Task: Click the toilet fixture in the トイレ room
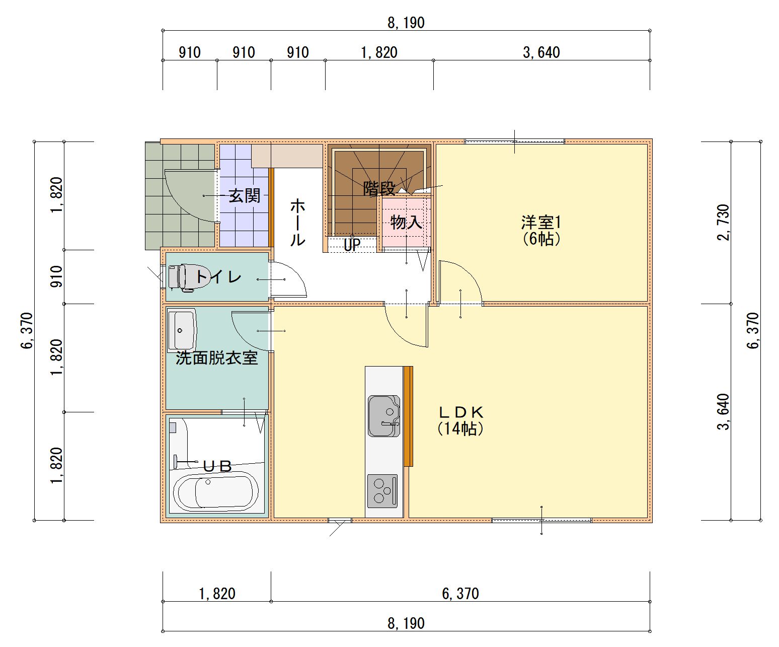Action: click(x=188, y=277)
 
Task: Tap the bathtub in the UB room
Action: click(x=216, y=492)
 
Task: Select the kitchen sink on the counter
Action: click(x=384, y=416)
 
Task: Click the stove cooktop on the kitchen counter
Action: click(x=382, y=491)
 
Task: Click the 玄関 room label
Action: click(x=245, y=196)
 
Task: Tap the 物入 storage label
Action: click(x=406, y=223)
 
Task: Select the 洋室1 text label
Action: click(x=541, y=223)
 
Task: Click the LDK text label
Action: click(x=461, y=412)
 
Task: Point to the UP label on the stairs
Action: click(x=352, y=245)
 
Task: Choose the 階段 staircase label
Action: click(x=379, y=188)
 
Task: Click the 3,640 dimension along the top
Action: click(x=541, y=53)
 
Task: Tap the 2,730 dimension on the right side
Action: click(x=724, y=223)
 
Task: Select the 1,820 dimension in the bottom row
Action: click(x=217, y=594)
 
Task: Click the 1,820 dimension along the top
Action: click(x=379, y=53)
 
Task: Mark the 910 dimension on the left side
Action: click(x=57, y=276)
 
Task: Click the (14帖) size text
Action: click(x=461, y=428)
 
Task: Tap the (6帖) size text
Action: click(x=541, y=239)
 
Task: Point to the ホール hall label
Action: click(x=297, y=223)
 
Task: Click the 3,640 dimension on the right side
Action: click(x=724, y=412)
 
